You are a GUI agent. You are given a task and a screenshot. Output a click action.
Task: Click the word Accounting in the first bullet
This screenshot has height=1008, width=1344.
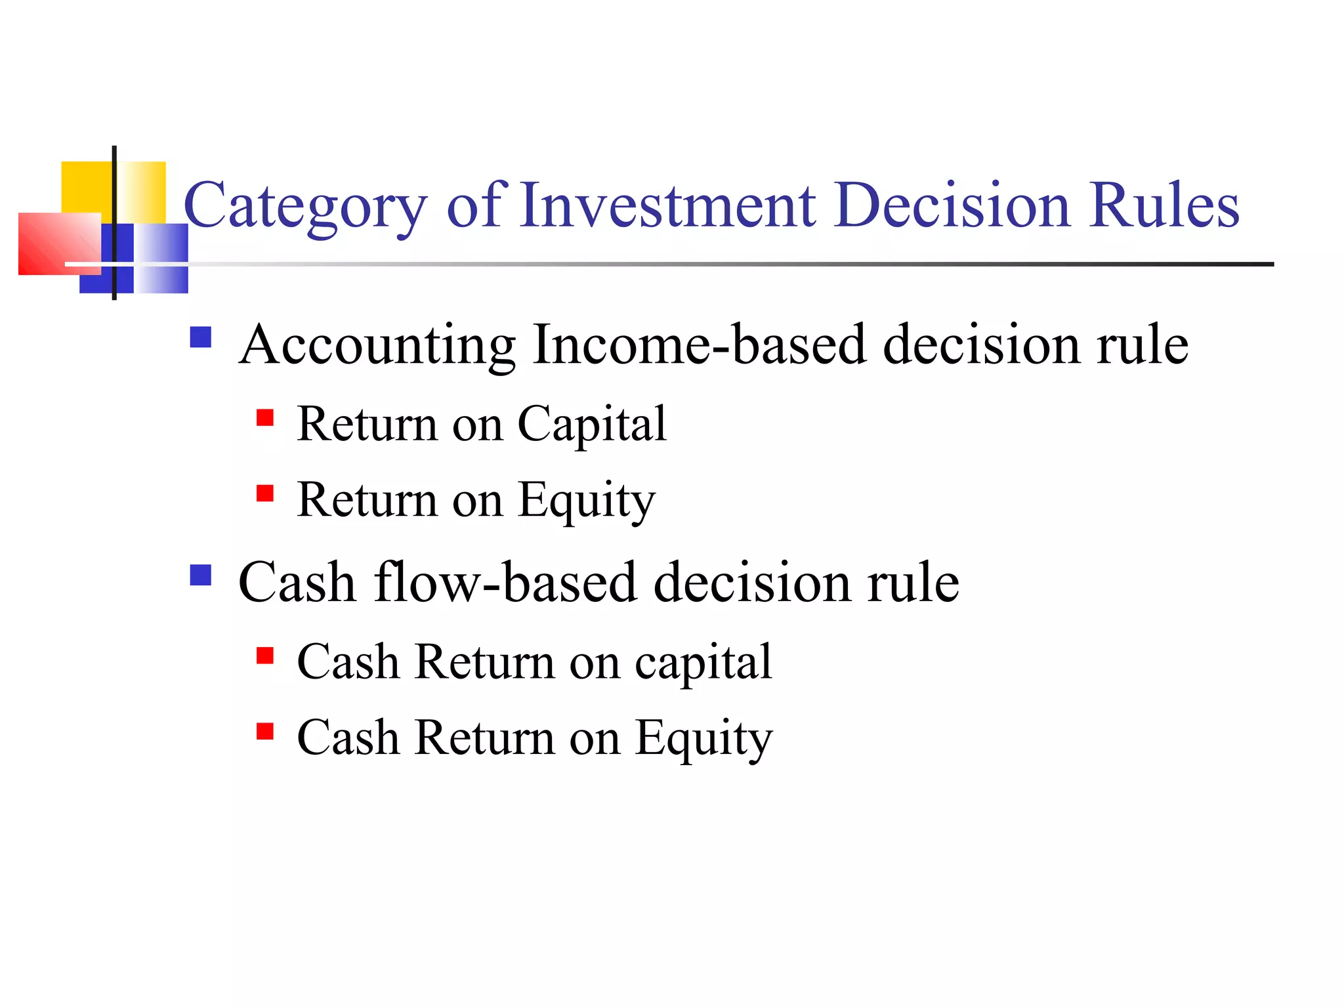(x=378, y=346)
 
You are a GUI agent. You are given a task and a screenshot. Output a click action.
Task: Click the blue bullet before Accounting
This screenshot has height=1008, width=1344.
(x=200, y=337)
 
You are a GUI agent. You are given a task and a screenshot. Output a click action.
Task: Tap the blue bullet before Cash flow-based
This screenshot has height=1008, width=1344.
(x=200, y=575)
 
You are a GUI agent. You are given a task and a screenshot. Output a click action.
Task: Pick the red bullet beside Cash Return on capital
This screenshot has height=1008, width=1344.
(x=264, y=656)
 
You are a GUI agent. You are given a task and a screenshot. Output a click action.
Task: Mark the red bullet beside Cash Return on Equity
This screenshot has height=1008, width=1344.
(x=264, y=731)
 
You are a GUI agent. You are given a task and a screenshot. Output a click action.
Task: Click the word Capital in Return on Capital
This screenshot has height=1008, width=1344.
(x=592, y=425)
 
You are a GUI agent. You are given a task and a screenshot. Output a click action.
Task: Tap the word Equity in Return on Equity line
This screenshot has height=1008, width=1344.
(x=586, y=501)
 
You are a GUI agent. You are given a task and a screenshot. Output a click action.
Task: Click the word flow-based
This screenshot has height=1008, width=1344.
(x=505, y=582)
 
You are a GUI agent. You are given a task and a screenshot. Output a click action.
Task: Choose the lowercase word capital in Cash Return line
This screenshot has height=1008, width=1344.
(x=703, y=663)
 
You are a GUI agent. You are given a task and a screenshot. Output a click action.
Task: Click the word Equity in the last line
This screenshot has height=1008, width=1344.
(x=703, y=738)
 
